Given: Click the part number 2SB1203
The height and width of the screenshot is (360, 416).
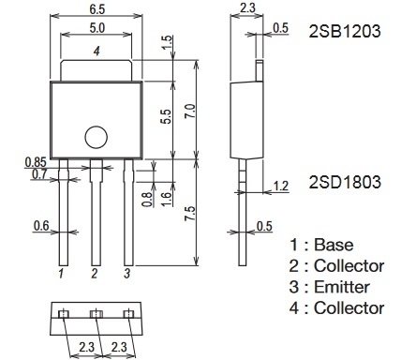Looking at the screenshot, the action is (345, 31).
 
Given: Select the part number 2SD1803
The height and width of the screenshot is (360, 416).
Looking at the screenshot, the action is (345, 182).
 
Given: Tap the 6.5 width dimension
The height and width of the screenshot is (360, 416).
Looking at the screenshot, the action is (97, 9).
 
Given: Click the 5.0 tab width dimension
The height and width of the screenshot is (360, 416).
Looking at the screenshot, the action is (97, 28).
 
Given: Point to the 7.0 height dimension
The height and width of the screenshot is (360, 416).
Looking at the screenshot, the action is (190, 111).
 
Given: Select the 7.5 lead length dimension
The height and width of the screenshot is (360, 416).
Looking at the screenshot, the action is (190, 214).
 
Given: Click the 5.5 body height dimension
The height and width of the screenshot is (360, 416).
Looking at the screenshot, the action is (167, 116).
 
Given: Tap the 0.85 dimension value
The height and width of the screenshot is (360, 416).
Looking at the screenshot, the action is (36, 162).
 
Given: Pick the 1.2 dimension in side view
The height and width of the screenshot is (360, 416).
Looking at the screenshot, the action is (280, 186).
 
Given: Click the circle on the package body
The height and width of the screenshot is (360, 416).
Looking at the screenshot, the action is (97, 137).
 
